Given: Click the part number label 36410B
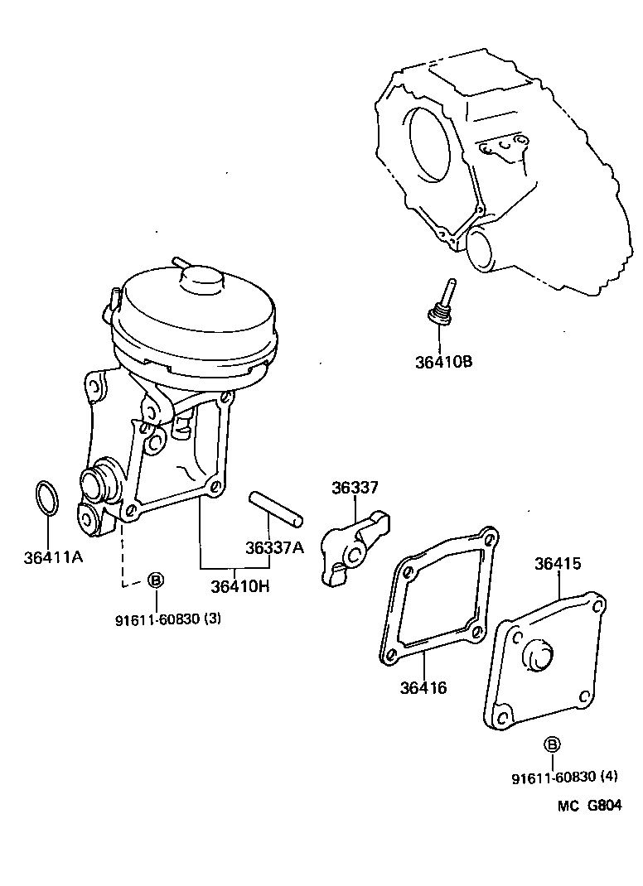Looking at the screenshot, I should click(x=444, y=362).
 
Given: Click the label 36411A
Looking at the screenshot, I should click(x=53, y=558).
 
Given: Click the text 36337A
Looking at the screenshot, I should click(x=274, y=547).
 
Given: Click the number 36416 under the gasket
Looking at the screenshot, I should click(x=423, y=686).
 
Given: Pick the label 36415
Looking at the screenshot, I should click(x=558, y=564).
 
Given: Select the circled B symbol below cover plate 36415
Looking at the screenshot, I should click(x=553, y=744).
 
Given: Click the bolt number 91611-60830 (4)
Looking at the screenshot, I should click(x=564, y=778).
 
